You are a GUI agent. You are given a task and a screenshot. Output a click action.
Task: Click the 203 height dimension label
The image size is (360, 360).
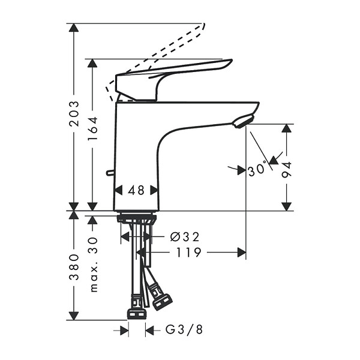(74, 113)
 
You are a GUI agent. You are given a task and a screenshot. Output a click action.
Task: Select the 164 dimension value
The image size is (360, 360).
(92, 128)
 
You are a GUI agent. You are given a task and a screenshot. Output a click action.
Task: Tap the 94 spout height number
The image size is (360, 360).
(287, 169)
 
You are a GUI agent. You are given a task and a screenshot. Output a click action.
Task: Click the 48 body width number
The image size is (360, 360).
(136, 190)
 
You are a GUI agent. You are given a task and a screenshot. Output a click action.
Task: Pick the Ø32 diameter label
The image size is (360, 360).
(185, 237)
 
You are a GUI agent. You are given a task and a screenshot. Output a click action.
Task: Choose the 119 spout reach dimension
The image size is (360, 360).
(188, 253)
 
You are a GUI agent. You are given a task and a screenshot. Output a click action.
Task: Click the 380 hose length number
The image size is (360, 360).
(74, 267)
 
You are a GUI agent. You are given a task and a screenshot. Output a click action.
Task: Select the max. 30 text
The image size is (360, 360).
(93, 265)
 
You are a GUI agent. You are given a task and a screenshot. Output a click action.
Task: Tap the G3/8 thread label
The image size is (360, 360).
(184, 330)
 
